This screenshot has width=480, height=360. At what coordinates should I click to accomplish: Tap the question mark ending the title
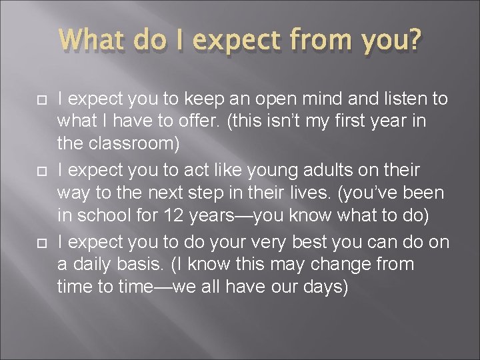(x=413, y=41)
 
